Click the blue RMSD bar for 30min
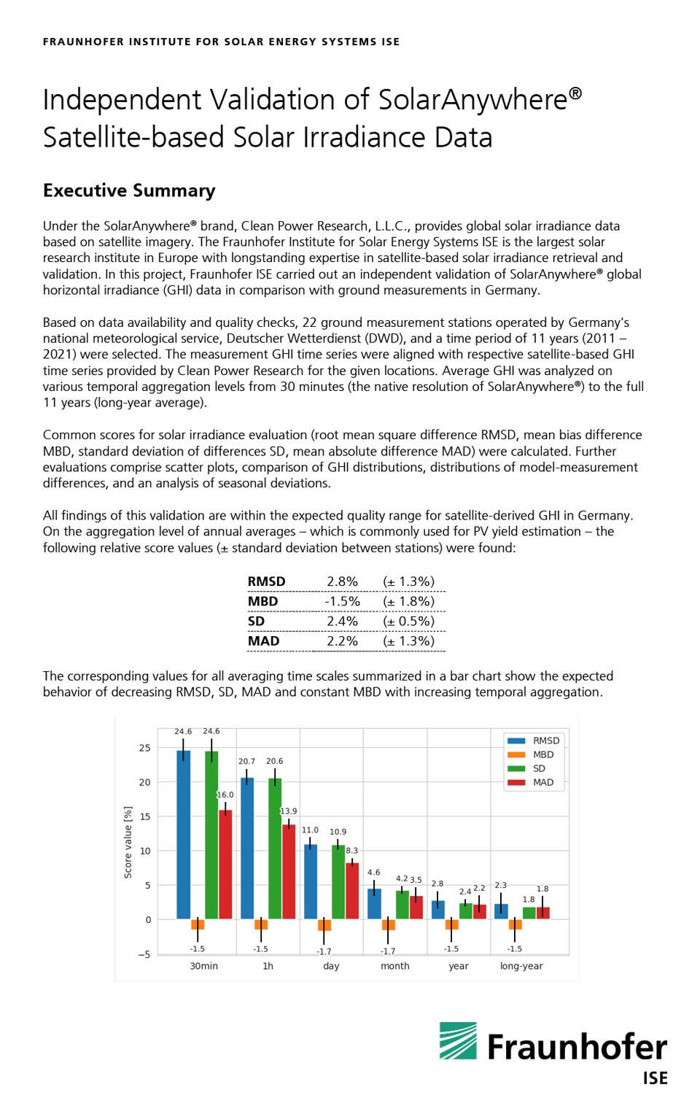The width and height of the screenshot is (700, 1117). pos(183,835)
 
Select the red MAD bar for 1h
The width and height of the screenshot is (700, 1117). pos(289,871)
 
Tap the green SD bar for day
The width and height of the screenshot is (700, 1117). pos(338,882)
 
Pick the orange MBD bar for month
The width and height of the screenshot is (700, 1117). pos(389,924)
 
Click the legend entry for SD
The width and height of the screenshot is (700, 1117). pos(538,768)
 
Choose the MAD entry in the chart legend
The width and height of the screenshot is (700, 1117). pos(542,782)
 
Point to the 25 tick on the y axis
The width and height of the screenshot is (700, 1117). pos(144,748)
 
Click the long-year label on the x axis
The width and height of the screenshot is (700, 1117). pos(521,966)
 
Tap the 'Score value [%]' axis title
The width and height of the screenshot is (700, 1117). pos(128,842)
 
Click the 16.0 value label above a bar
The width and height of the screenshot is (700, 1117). pos(225,795)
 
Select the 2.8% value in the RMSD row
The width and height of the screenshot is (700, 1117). pos(342,581)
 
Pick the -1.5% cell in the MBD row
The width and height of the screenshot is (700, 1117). pos(342,601)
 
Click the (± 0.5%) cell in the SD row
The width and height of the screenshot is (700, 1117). pos(408,621)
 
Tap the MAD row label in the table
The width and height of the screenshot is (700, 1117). pos(263,641)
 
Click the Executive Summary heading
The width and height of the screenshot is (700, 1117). pos(129,190)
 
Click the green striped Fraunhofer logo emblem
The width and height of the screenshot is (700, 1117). pos(458,1040)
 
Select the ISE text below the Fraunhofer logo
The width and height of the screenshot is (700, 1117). pos(655,1078)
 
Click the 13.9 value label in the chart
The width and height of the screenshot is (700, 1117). pos(289,811)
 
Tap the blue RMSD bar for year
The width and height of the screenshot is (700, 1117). pos(437,909)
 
